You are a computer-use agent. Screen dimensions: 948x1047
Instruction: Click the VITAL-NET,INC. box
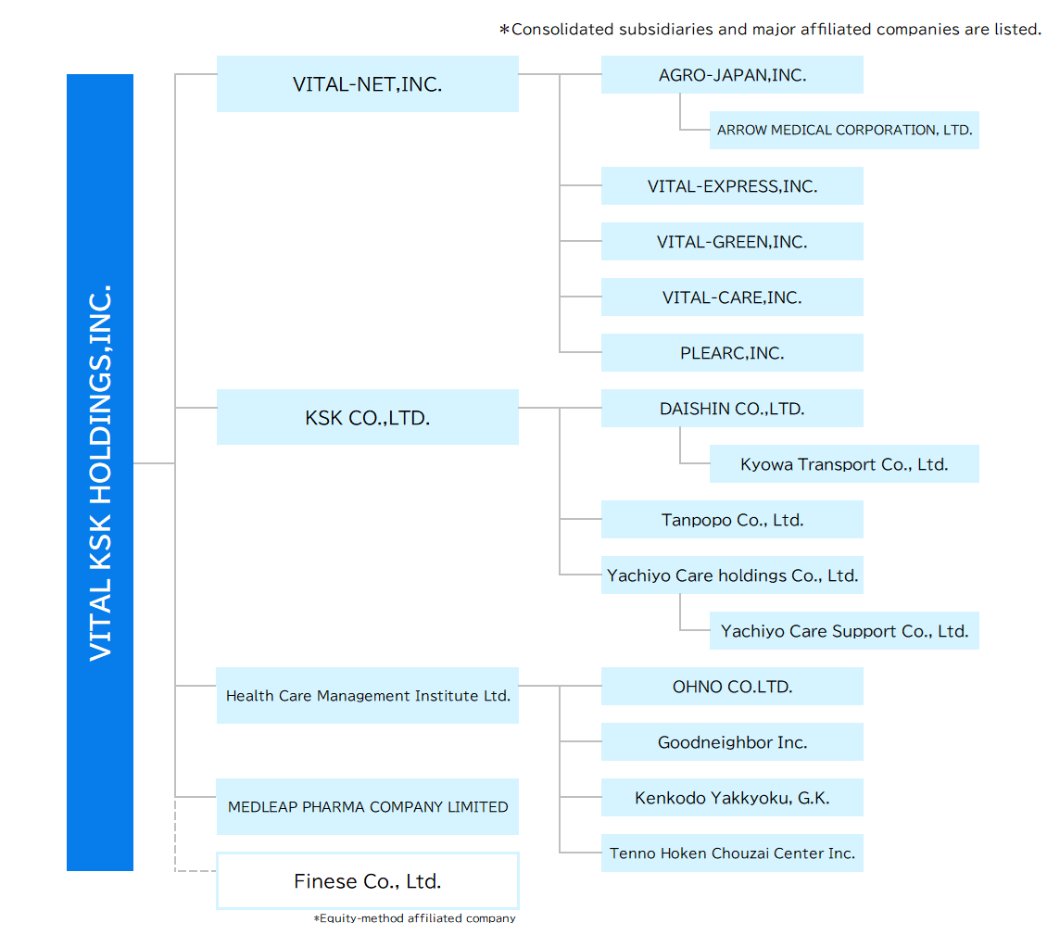[x=367, y=84]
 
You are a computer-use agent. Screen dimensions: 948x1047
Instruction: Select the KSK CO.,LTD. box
[x=367, y=418]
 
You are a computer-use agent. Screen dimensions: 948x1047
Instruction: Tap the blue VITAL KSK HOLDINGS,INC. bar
[x=100, y=473]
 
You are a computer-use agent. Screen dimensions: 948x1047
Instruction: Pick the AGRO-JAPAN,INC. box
[x=732, y=75]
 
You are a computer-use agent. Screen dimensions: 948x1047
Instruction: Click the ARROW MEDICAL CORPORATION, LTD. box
[x=844, y=131]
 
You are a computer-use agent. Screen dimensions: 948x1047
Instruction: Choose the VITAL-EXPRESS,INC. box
[x=732, y=186]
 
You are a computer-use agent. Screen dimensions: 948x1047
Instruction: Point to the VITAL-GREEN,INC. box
[x=732, y=242]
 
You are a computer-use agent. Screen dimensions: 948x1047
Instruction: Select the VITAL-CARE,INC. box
[x=732, y=297]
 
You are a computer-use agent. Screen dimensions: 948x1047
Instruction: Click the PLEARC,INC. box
[x=732, y=353]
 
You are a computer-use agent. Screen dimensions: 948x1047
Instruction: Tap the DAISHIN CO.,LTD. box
[x=732, y=409]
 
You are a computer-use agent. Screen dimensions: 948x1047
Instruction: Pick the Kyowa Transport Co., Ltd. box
[x=844, y=464]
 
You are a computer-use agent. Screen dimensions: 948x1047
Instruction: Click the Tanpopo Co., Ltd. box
[x=732, y=520]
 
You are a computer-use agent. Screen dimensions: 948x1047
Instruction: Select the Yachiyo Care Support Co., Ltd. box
[x=844, y=631]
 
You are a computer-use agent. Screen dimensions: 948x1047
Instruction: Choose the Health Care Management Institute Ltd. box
[x=367, y=696]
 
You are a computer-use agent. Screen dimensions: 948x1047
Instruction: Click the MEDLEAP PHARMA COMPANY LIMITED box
[x=367, y=807]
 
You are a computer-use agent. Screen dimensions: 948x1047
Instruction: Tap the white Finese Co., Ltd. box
[x=367, y=881]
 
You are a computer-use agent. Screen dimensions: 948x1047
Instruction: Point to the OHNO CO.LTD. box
[x=732, y=687]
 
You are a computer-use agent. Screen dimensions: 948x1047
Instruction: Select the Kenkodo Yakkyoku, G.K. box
[x=732, y=798]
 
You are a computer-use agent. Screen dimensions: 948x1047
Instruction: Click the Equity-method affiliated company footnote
[x=414, y=918]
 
